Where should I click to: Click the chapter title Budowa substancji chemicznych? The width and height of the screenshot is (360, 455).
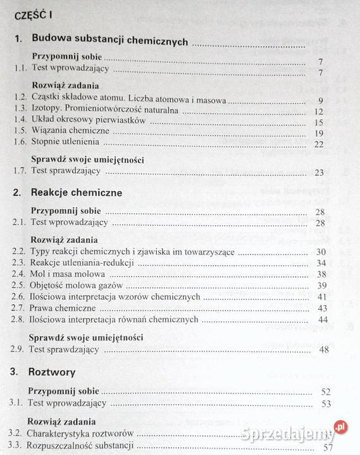tap(109, 41)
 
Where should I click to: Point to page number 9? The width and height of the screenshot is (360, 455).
tap(321, 101)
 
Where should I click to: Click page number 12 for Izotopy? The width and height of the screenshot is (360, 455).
tap(319, 111)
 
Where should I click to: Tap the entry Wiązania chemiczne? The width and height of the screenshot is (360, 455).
tap(70, 132)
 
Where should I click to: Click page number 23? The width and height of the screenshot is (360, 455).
tap(318, 172)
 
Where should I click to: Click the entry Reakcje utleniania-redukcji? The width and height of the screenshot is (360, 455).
tap(82, 263)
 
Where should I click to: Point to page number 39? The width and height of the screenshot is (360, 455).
tap(321, 285)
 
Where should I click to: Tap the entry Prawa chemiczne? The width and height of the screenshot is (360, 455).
tap(61, 308)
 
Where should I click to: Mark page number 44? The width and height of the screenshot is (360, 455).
tap(321, 320)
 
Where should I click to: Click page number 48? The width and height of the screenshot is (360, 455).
tap(324, 349)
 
